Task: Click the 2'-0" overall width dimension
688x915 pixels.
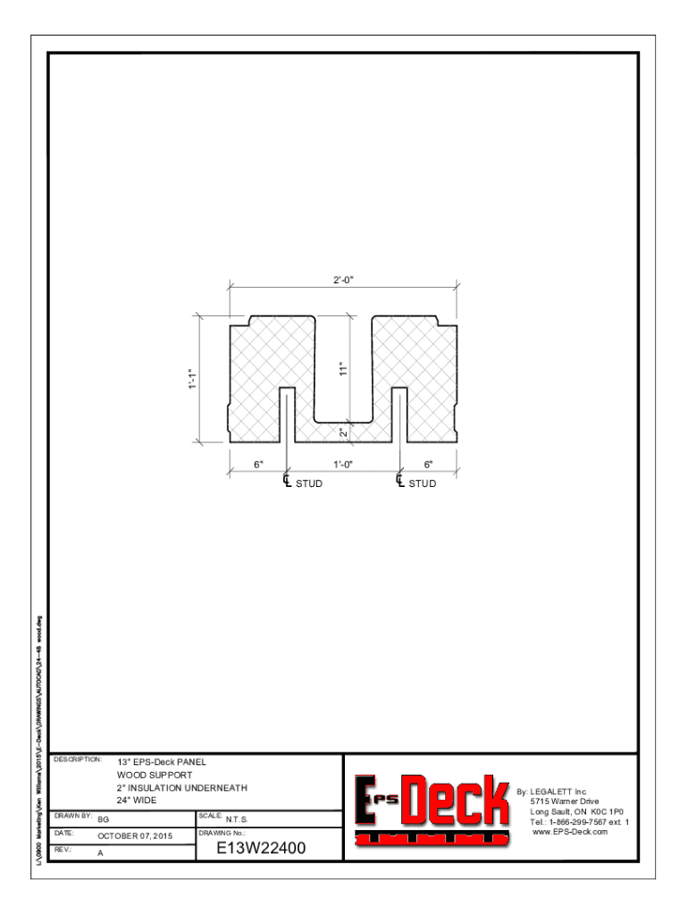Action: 344,280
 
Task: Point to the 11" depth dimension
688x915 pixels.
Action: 342,368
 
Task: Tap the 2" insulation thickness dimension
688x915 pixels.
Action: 343,432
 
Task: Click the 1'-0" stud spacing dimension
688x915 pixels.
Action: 343,464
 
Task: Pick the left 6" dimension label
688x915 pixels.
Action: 258,464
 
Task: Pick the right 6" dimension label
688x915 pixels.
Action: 428,464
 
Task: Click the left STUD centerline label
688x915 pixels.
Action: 308,483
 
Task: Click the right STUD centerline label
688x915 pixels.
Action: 423,483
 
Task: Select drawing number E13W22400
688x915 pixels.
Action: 261,848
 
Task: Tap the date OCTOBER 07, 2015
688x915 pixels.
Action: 136,836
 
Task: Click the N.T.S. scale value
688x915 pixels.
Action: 238,818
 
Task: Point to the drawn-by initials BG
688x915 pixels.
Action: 104,818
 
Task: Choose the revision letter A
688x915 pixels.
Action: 100,853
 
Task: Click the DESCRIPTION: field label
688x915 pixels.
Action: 78,760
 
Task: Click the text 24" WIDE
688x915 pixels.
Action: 137,801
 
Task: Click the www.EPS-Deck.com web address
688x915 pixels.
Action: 570,832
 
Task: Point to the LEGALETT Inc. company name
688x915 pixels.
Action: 559,792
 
